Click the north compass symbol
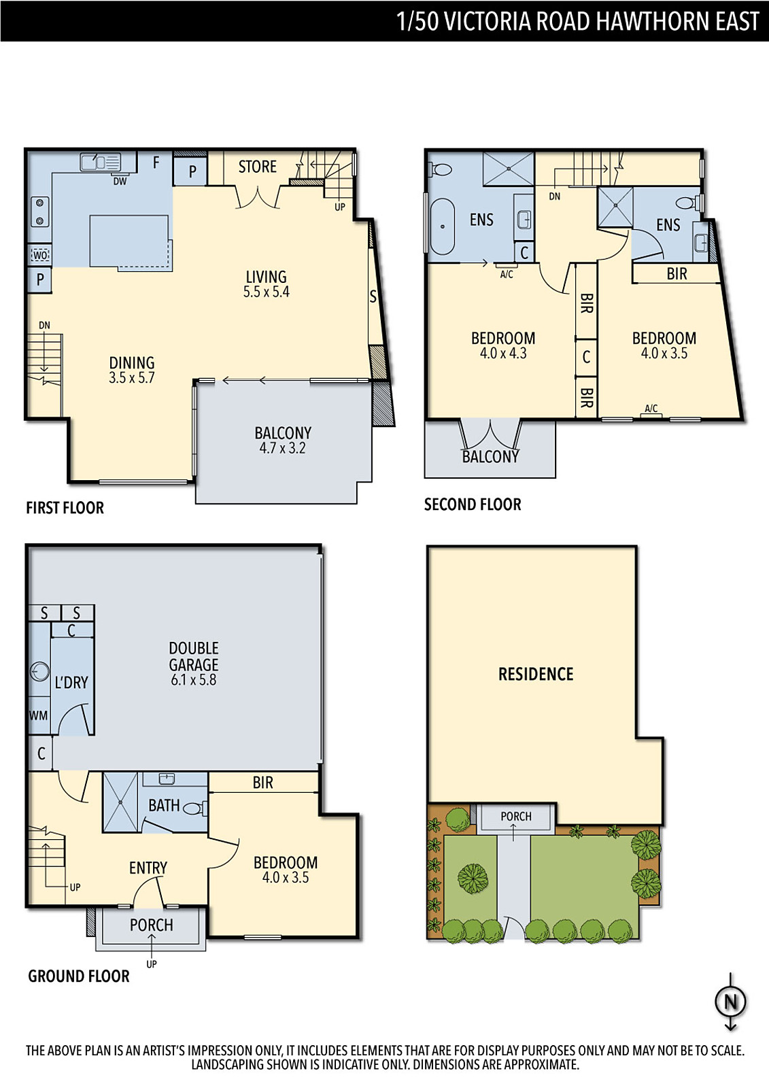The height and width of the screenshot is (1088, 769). point(731,1002)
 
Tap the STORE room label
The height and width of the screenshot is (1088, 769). point(258,167)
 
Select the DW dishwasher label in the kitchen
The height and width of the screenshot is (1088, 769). point(120,181)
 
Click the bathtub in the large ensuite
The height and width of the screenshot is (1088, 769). point(442,226)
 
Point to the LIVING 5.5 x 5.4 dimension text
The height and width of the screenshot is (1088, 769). point(267,292)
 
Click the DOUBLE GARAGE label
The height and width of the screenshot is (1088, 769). point(193,656)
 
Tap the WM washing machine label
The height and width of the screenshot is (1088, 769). point(38,715)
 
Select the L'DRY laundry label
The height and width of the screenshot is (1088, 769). point(71,683)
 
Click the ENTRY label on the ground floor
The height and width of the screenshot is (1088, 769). point(148,868)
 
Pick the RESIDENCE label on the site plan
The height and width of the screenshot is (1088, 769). point(536,674)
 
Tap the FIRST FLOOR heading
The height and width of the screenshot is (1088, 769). point(65,508)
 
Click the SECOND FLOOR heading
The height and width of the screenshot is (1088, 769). point(472,505)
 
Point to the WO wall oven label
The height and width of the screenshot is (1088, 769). point(40,255)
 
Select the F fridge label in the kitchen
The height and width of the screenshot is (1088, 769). point(156,163)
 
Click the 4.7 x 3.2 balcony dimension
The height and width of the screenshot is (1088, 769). point(282,448)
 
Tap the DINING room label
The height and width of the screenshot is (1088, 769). point(132,363)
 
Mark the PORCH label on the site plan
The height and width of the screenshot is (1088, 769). point(516,817)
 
